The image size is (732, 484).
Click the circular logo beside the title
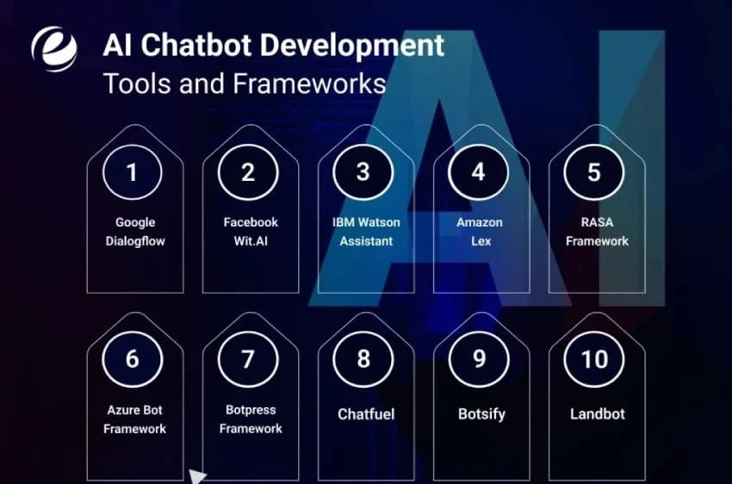(54, 49)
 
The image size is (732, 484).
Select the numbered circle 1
(132, 172)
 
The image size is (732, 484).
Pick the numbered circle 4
(479, 172)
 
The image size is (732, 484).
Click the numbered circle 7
(248, 359)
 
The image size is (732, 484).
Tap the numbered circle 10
(594, 359)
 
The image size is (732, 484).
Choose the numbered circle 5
(594, 172)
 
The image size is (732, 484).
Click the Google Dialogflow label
(135, 232)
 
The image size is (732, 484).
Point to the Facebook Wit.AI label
(251, 232)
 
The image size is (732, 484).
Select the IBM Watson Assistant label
(366, 232)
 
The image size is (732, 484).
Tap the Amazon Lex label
(480, 232)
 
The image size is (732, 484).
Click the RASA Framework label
(597, 232)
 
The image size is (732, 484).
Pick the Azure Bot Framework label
(134, 419)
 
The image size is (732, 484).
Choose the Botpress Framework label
(251, 419)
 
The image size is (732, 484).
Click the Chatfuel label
(366, 414)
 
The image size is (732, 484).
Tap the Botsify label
(481, 414)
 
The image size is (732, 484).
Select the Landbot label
(596, 414)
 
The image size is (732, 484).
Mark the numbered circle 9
(479, 359)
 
